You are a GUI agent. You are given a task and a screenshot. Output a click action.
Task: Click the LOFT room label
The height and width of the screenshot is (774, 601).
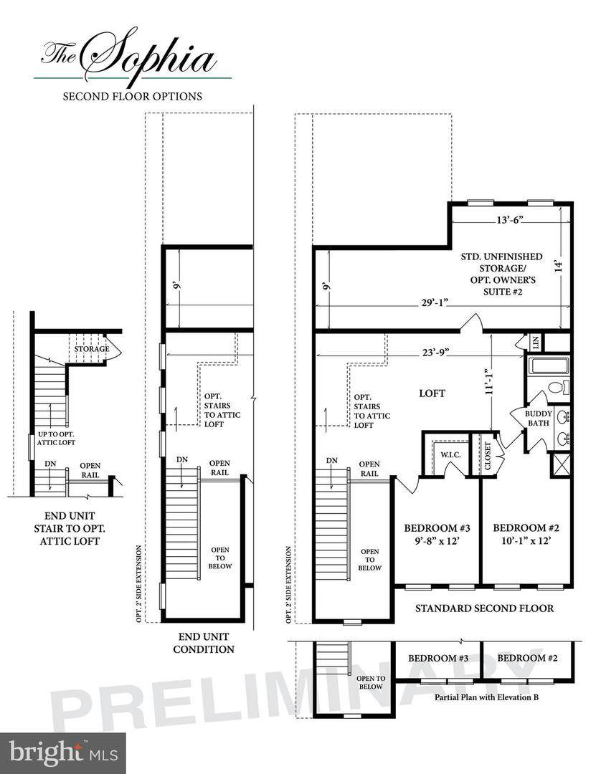[x=432, y=393]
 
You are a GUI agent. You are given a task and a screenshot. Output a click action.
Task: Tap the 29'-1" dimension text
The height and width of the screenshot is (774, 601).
[x=435, y=302]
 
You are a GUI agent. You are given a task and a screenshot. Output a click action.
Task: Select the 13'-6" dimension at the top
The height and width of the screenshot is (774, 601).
[x=510, y=220]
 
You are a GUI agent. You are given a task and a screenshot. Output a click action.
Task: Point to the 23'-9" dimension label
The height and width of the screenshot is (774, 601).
[x=435, y=353]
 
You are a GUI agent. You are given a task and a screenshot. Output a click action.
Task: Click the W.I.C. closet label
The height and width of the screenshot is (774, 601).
[x=450, y=454]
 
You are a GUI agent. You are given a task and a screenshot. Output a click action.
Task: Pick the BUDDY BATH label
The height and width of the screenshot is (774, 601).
[x=539, y=419]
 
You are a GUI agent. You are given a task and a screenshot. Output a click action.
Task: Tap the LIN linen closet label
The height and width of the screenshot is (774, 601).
[x=536, y=342]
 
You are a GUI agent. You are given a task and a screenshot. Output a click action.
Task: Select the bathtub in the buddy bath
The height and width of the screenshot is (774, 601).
[x=549, y=366]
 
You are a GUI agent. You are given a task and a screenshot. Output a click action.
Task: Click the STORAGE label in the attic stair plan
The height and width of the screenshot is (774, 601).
[x=92, y=349]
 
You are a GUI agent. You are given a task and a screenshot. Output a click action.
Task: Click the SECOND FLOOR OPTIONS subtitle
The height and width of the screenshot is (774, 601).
[x=133, y=96]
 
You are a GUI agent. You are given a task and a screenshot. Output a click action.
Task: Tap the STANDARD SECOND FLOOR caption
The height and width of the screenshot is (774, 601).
[x=484, y=608]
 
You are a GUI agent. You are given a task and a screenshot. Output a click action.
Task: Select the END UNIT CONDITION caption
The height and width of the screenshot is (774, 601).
[x=204, y=643]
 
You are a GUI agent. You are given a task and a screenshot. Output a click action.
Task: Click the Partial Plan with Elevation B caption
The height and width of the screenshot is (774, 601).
[x=486, y=697]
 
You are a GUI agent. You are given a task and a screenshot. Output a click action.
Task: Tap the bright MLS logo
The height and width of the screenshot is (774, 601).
[x=63, y=753]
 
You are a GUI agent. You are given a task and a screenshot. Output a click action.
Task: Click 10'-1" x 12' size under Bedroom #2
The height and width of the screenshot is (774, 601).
[x=526, y=540]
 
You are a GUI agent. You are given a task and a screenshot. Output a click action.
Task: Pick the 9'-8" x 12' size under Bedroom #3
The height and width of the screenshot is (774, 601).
[x=437, y=540]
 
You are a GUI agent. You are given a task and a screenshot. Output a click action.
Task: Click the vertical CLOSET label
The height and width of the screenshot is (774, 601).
[x=488, y=456]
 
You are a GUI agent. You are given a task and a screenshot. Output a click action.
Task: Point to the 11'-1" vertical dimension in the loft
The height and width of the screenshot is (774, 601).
[x=489, y=381]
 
